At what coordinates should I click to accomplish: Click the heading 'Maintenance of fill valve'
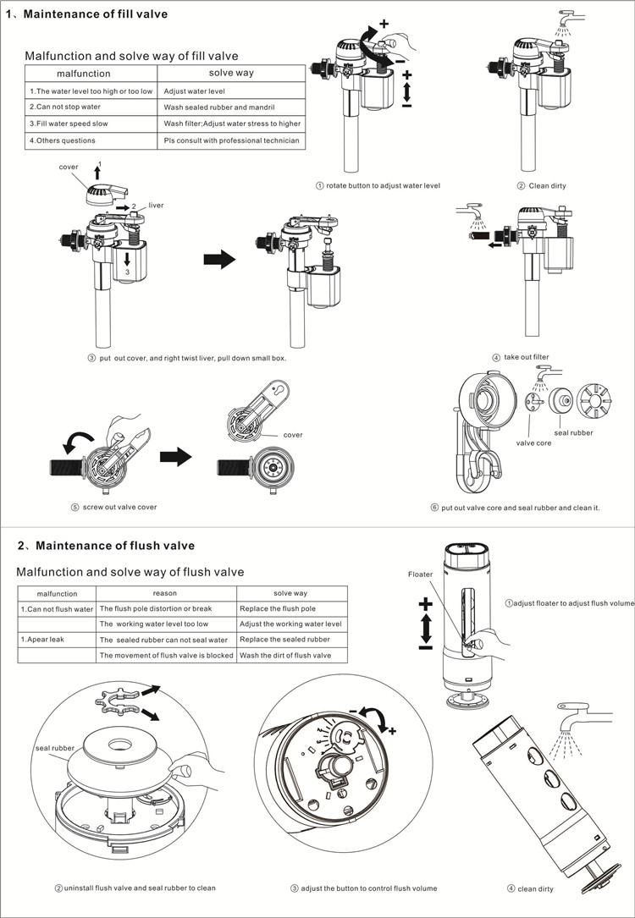pyautogui.click(x=97, y=14)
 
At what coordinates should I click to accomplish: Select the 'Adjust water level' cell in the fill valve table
pyautogui.click(x=194, y=91)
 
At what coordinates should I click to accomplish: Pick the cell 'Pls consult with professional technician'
pyautogui.click(x=232, y=140)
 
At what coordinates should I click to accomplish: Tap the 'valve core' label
pyautogui.click(x=533, y=443)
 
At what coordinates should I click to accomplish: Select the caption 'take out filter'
pyautogui.click(x=526, y=357)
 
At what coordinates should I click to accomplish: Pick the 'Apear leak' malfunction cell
pyautogui.click(x=43, y=640)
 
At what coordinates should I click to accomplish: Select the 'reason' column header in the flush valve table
pyautogui.click(x=165, y=593)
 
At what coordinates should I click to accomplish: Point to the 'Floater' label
pyautogui.click(x=421, y=574)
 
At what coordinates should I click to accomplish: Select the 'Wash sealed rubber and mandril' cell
pyautogui.click(x=219, y=107)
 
